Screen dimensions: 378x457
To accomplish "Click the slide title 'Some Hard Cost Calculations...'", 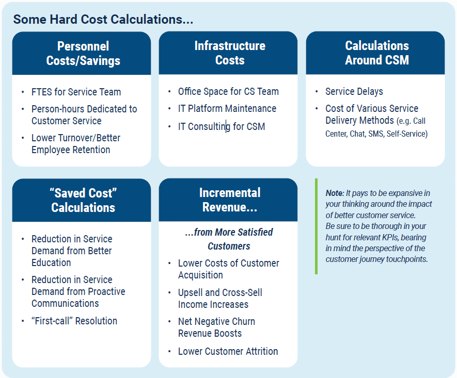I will coord(103,20).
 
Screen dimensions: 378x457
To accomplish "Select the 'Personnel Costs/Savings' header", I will coord(83,53).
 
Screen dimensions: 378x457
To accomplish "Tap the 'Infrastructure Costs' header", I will coord(229,53).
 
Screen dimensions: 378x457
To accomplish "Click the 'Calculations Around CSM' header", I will coord(376,53).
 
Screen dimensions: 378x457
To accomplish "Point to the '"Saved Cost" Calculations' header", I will coord(83,200).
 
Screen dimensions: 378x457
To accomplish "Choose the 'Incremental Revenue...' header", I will coord(229,200).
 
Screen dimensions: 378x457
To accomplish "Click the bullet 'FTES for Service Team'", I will coord(76,92).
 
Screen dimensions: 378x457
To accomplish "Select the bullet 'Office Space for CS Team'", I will coord(228,92).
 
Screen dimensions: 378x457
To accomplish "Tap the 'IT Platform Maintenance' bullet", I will coord(227,109).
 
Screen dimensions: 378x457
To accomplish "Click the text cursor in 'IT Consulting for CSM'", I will coord(227,126).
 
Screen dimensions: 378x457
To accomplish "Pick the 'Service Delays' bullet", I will coord(354,92).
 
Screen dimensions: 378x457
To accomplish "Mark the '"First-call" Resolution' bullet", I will coord(74,321).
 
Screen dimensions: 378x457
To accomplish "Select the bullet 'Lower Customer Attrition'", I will coord(228,352).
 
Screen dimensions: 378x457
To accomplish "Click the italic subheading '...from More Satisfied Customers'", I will coord(229,239).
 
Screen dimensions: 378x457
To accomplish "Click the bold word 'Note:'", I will coord(335,193).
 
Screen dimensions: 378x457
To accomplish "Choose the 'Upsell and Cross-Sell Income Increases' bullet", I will coord(219,299).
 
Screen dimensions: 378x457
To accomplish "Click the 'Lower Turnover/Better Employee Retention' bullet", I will coord(75,144).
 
